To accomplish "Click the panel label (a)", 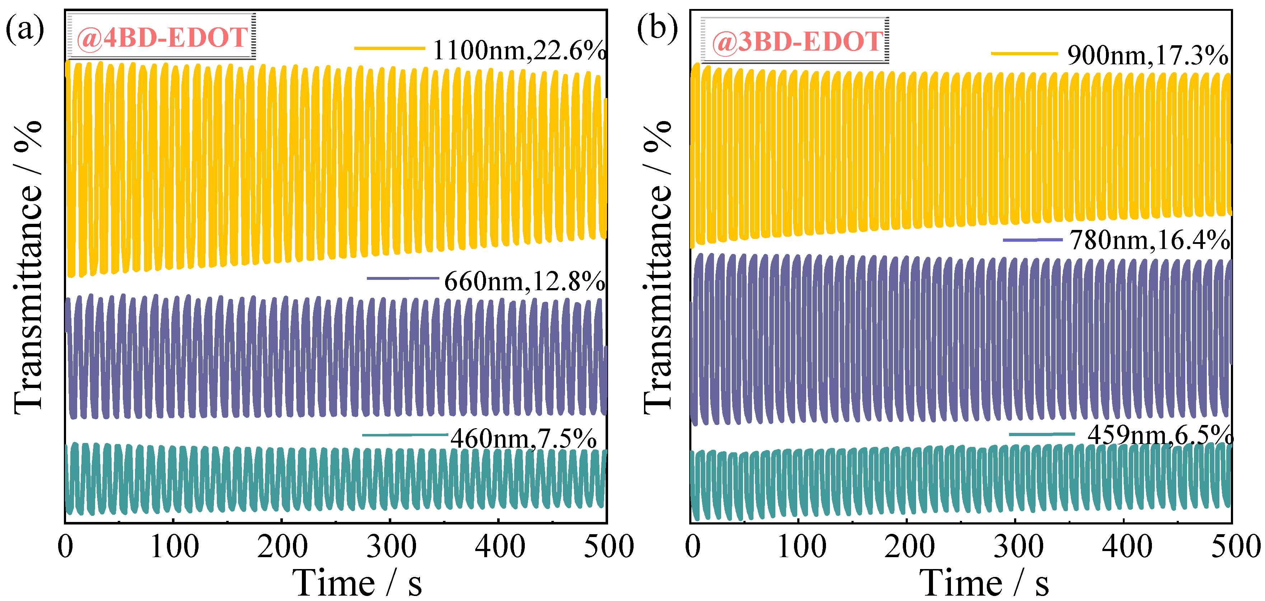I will pyautogui.click(x=24, y=29).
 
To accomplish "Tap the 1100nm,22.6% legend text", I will pyautogui.click(x=519, y=50).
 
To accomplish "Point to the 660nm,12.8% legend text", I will pyautogui.click(x=524, y=282).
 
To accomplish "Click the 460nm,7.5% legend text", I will pyautogui.click(x=523, y=438).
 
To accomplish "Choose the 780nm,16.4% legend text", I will pyautogui.click(x=1150, y=240).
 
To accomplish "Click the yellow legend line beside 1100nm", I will pyautogui.click(x=389, y=48).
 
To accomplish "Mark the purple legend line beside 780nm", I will pyautogui.click(x=1033, y=240).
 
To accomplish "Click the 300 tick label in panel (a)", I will pyautogui.click(x=391, y=546).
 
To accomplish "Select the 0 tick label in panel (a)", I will pyautogui.click(x=65, y=546).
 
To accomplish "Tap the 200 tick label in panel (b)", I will pyautogui.click(x=910, y=546).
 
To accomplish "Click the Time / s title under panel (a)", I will pyautogui.click(x=357, y=583).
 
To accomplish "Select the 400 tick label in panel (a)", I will pyautogui.click(x=500, y=546).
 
